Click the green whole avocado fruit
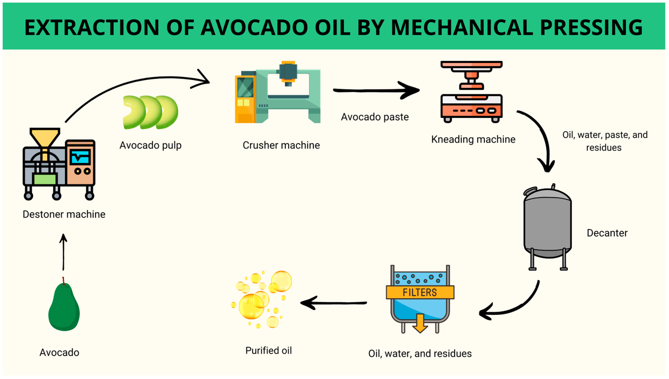[64, 307]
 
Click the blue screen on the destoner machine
[80, 157]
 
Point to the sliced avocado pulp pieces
[150, 112]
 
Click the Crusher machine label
[281, 145]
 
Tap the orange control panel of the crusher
[245, 99]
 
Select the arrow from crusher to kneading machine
[376, 90]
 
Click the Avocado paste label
[375, 117]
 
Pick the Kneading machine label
[473, 139]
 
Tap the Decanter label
[607, 233]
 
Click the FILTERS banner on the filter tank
[420, 292]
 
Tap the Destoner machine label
[64, 215]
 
